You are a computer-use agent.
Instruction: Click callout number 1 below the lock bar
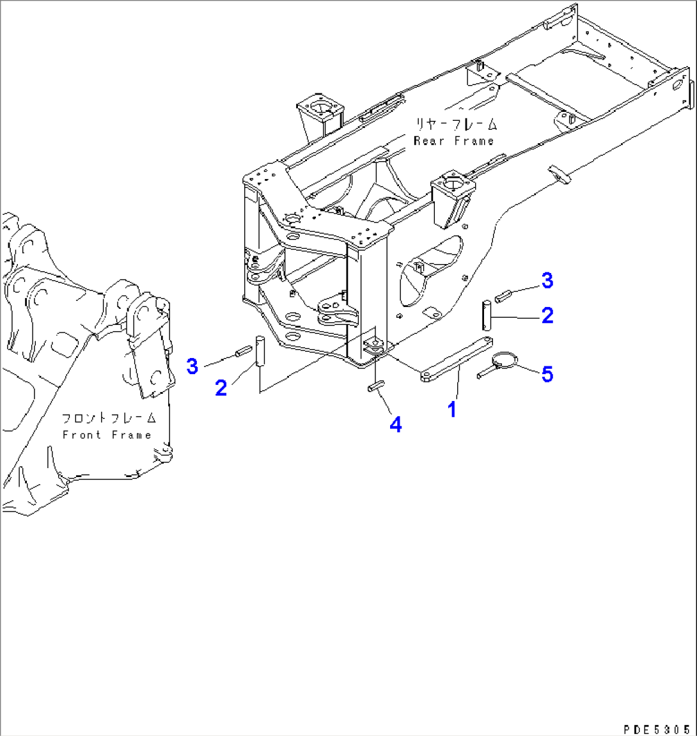tap(452, 409)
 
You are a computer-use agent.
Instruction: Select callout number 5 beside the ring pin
tap(547, 374)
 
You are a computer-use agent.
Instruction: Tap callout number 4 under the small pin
tap(396, 424)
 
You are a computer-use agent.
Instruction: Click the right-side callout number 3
tap(547, 280)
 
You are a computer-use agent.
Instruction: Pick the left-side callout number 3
tap(192, 366)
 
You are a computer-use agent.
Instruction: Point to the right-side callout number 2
tap(547, 315)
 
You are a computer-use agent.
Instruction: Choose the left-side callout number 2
tap(221, 388)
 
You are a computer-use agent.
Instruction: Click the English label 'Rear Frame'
tap(454, 141)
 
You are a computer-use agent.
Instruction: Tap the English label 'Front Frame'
tap(107, 435)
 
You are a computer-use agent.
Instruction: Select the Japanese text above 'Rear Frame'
tap(456, 124)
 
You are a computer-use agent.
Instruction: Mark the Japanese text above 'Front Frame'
tap(109, 418)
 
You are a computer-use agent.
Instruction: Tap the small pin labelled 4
tap(375, 386)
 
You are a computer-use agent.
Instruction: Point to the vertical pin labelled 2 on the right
tap(487, 314)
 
